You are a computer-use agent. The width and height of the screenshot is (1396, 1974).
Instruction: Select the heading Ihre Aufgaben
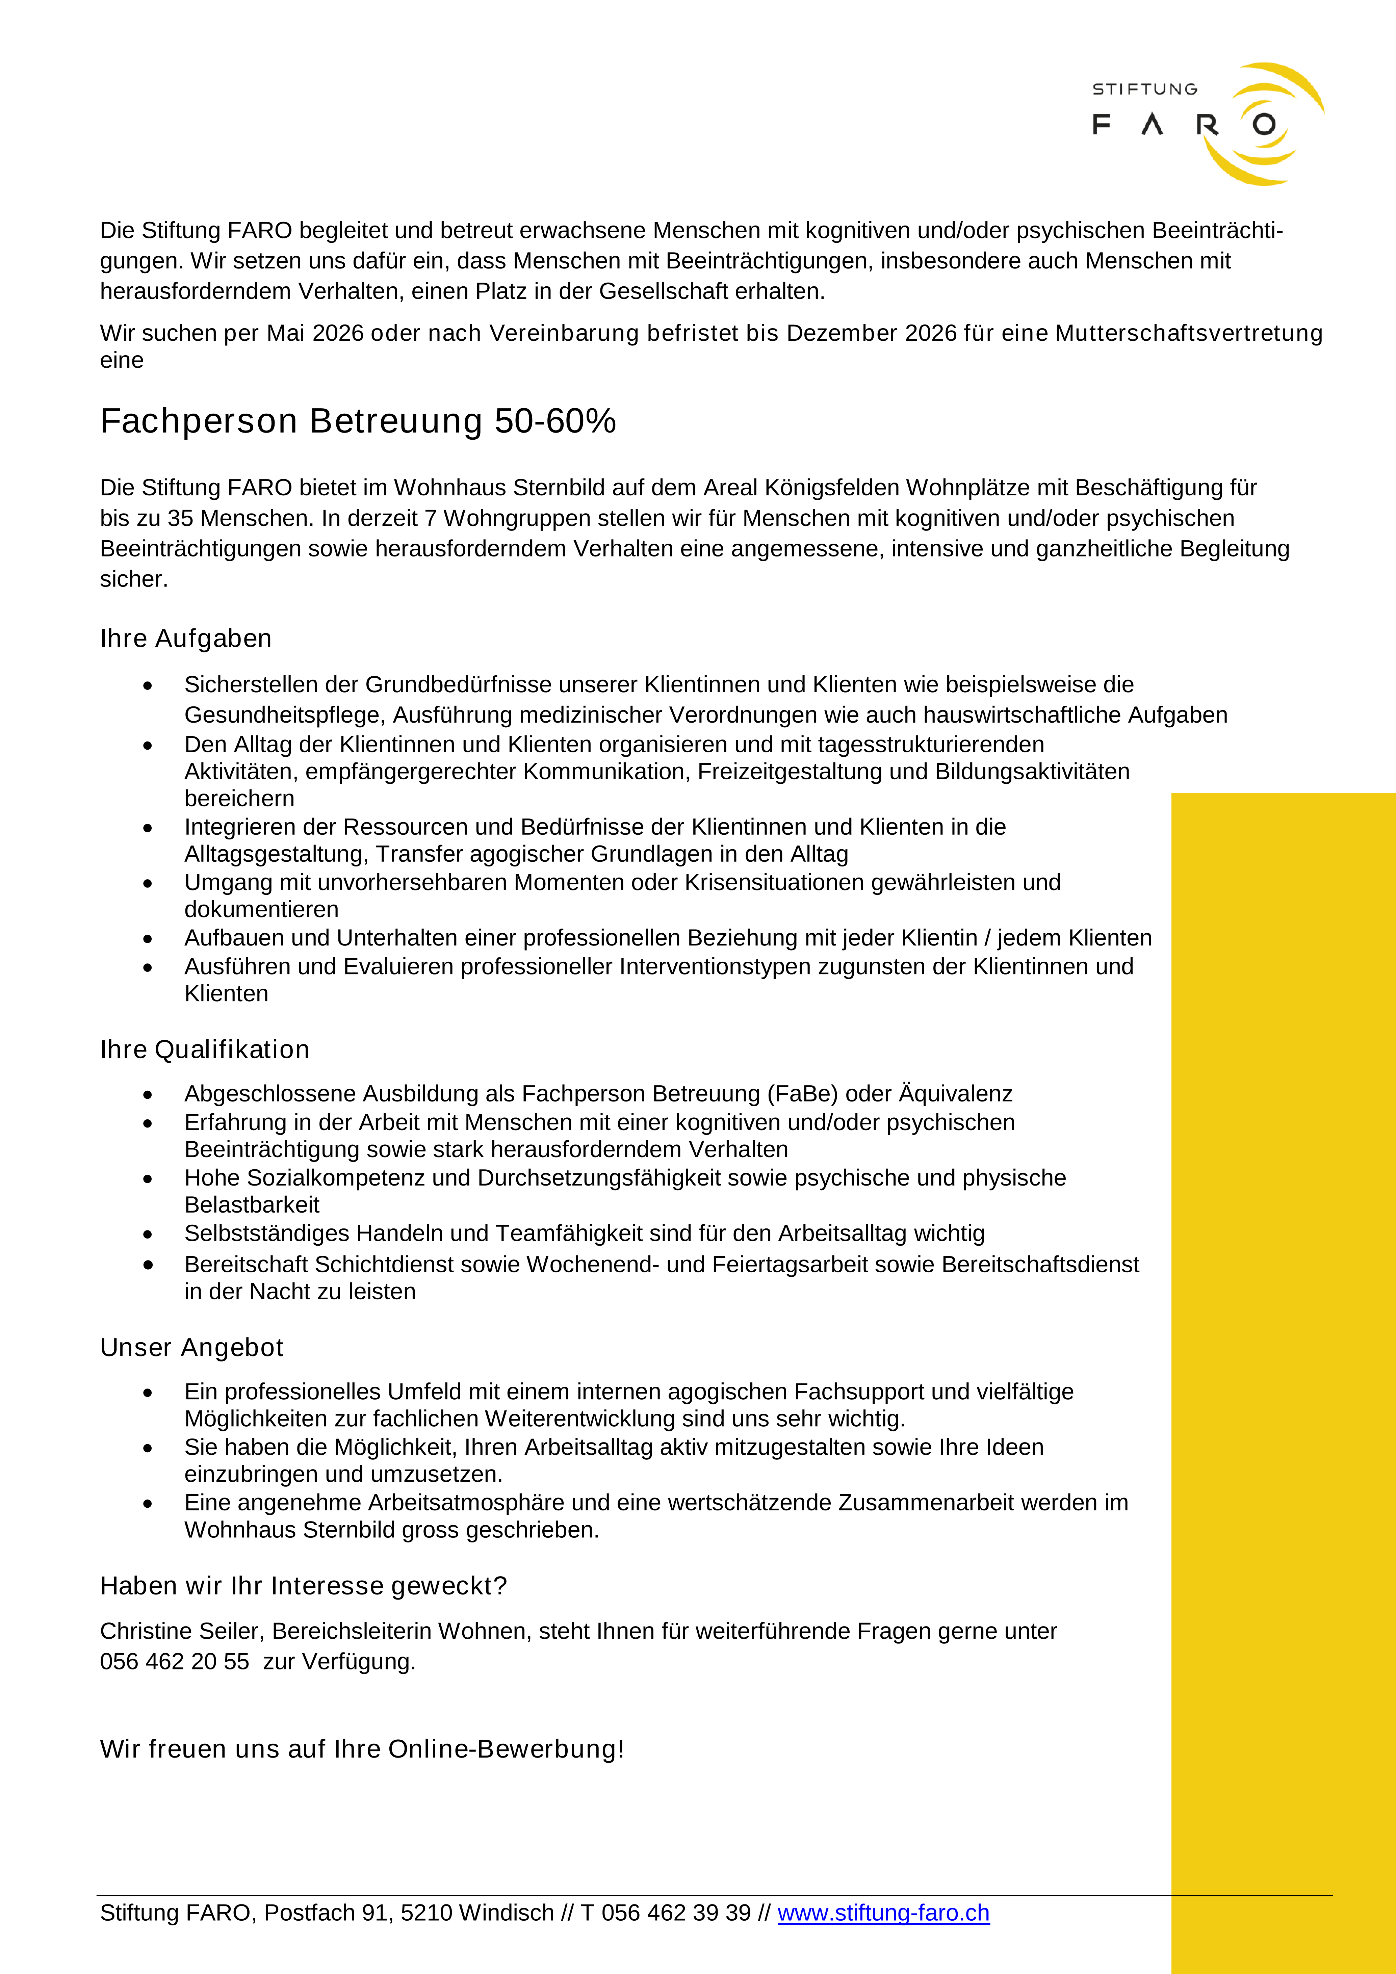[x=186, y=639]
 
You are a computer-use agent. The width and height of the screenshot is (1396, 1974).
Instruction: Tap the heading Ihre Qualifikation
[x=205, y=1050]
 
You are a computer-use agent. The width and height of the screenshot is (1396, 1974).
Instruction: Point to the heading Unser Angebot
[x=192, y=1347]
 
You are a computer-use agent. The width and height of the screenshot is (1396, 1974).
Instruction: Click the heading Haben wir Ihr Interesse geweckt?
[x=304, y=1585]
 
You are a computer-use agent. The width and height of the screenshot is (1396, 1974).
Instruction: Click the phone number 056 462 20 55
[x=175, y=1661]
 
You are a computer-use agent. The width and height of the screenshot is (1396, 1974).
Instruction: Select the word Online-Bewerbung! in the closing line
[x=506, y=1749]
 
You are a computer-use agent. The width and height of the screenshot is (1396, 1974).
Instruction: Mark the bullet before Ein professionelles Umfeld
[x=148, y=1393]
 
